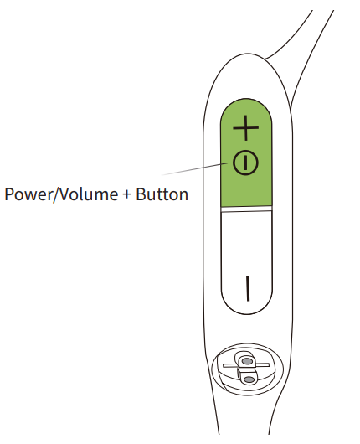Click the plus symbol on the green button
[245, 128]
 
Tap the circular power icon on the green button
[245, 163]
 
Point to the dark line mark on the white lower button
[248, 288]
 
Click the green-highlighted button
[246, 153]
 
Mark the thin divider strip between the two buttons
[246, 209]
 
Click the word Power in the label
[28, 194]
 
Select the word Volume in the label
[88, 194]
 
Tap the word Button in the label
[162, 194]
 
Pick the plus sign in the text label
[127, 194]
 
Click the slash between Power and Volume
[55, 194]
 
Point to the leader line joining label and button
[195, 169]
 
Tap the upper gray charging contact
[247, 361]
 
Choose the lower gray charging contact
[249, 379]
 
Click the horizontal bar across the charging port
[245, 365]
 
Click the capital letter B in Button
[141, 194]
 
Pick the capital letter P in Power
[9, 194]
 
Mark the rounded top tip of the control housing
[248, 54]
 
